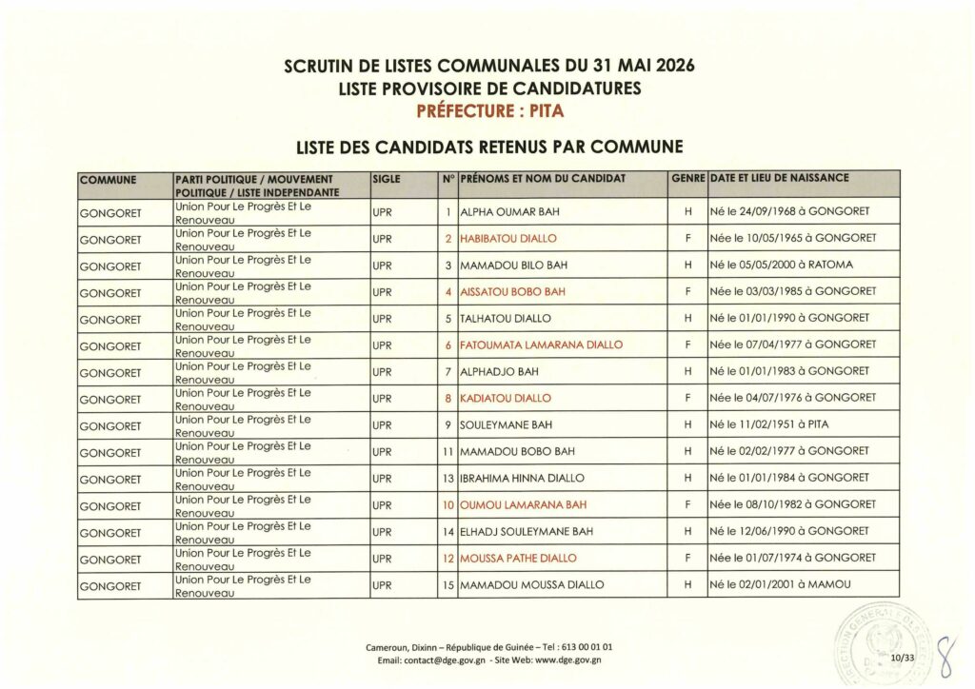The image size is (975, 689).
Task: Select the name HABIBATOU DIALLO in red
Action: [x=507, y=238]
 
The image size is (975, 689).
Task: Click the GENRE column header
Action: [x=687, y=179]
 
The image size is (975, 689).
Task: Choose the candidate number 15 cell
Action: [x=447, y=584]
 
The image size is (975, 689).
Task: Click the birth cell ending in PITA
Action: [x=772, y=424]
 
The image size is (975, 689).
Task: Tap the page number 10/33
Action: [x=901, y=656]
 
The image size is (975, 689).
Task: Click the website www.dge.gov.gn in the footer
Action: [x=562, y=659]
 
